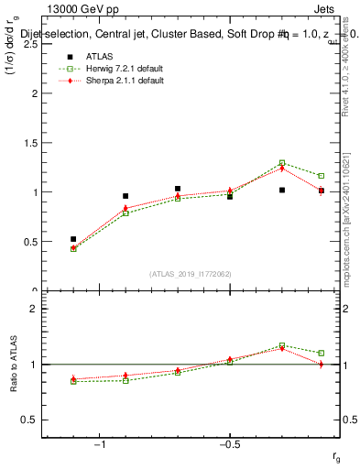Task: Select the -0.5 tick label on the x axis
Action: point(229,443)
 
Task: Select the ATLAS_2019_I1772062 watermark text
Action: point(191,274)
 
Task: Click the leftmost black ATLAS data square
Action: point(73,239)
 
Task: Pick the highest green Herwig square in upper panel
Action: point(282,163)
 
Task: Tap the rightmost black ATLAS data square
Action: point(321,191)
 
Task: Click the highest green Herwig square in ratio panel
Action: point(282,345)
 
